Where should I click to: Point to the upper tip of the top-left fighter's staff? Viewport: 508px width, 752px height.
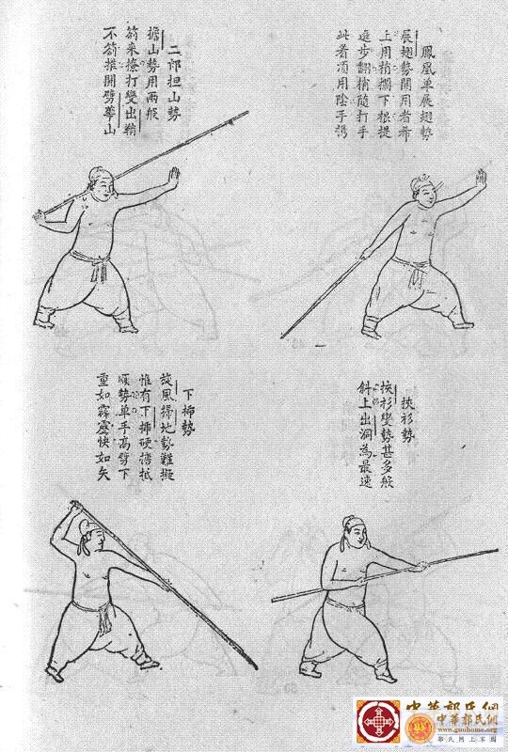(247, 113)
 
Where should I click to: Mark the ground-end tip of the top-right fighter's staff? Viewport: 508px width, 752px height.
(283, 336)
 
